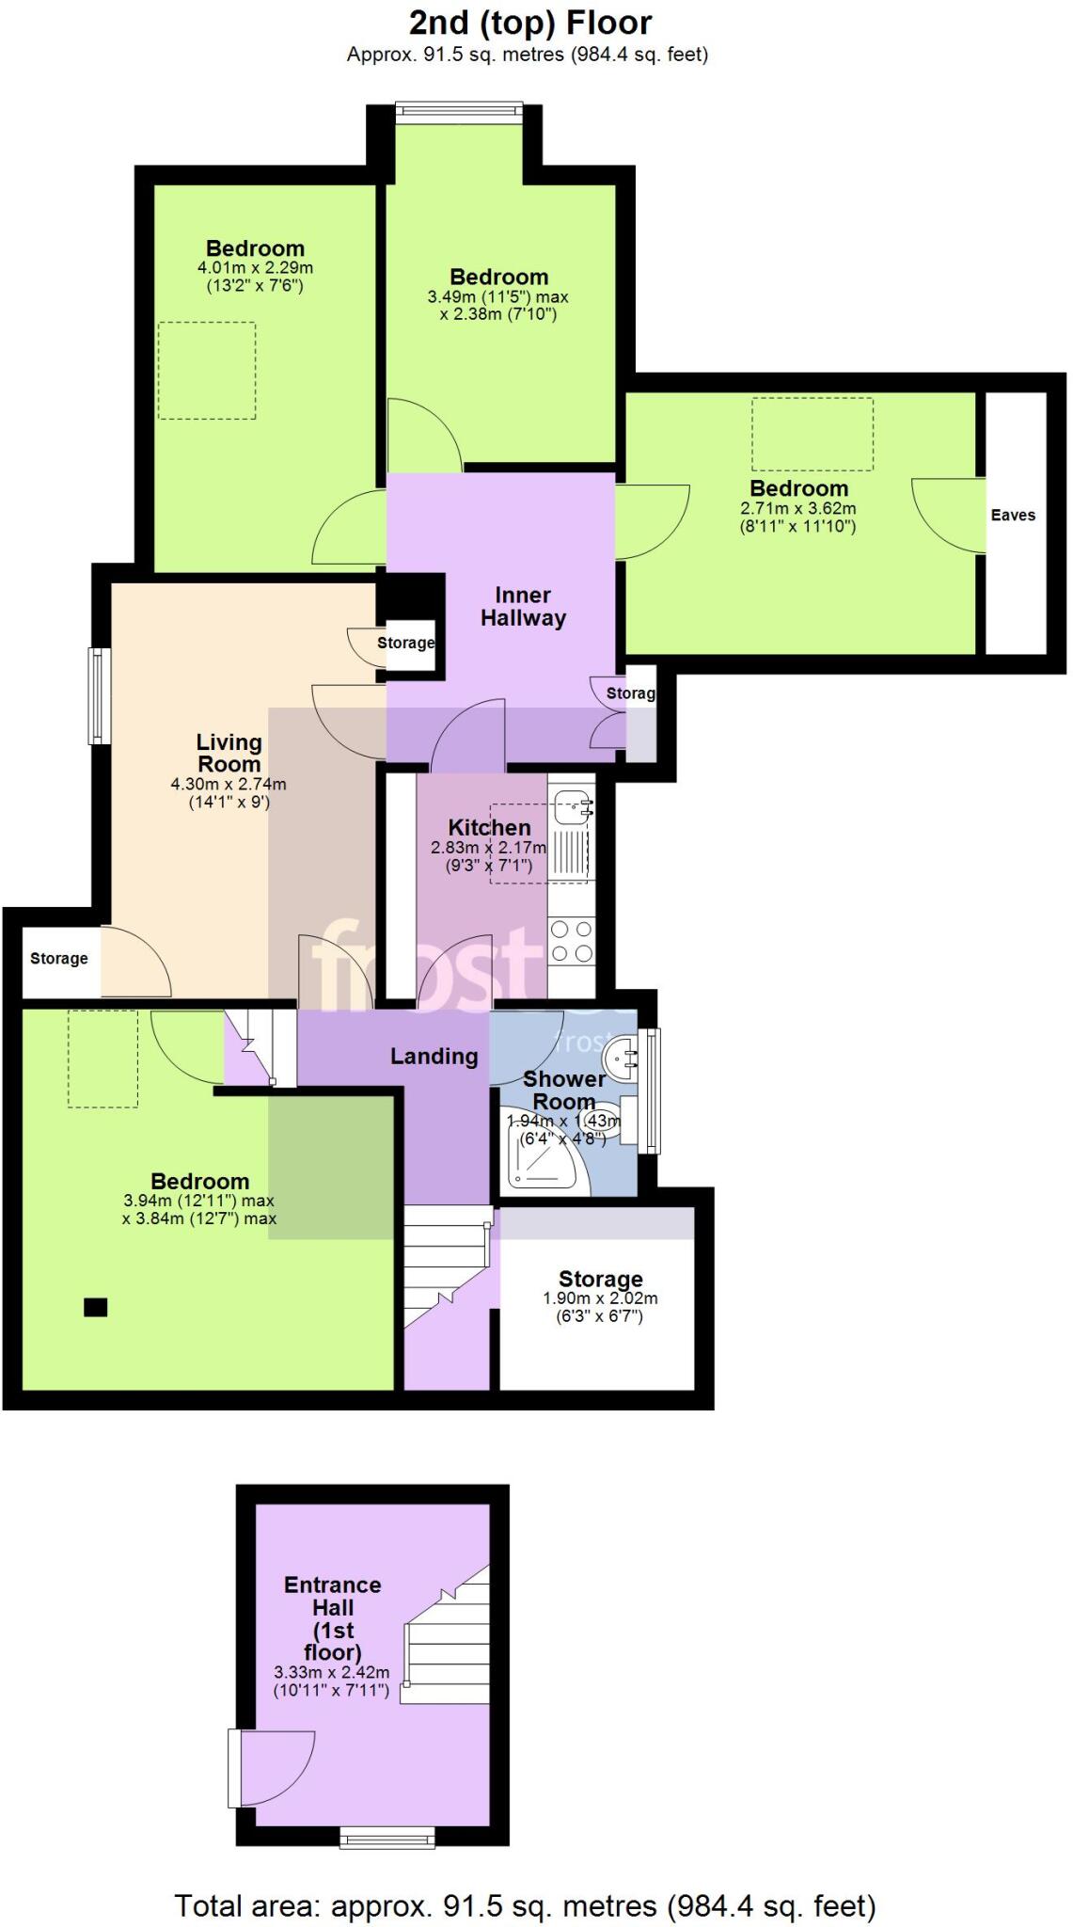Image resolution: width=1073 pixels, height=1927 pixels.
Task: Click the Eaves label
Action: pos(1012,515)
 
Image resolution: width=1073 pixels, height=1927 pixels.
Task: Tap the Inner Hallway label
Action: pos(523,607)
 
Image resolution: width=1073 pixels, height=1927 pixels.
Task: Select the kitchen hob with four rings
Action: pos(571,942)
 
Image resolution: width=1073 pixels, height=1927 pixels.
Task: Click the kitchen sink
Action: pos(572,805)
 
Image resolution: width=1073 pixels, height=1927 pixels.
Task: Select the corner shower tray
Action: pos(541,1159)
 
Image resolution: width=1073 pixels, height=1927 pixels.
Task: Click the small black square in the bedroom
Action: pos(95,1306)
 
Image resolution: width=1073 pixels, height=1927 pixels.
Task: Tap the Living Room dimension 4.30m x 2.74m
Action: pos(229,784)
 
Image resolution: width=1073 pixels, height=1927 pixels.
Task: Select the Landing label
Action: pos(434,1057)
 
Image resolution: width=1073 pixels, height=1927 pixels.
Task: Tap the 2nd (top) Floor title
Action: pos(529,23)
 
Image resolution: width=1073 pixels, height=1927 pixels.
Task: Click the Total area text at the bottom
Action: pos(525,1905)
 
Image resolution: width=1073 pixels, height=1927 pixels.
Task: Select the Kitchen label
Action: pos(489,827)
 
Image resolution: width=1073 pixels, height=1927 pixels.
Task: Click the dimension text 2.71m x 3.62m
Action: pos(797,508)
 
